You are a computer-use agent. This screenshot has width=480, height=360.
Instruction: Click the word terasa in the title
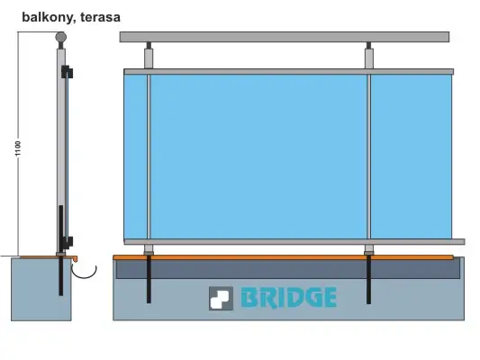100,17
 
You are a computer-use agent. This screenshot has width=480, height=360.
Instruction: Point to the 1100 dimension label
18,148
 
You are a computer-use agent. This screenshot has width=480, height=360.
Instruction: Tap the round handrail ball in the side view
61,37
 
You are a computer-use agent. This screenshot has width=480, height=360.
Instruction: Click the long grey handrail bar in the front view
285,37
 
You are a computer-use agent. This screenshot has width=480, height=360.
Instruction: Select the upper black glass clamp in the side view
67,72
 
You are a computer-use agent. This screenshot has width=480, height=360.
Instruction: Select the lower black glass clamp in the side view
67,242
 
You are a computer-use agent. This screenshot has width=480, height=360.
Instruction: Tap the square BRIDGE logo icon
221,298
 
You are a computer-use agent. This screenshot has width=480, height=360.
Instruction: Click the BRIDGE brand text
289,297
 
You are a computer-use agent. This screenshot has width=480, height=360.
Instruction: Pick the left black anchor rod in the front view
149,279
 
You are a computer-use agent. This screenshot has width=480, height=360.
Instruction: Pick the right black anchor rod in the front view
368,279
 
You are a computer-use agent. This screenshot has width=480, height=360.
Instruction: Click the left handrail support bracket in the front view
149,56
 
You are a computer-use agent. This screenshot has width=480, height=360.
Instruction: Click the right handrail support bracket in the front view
369,56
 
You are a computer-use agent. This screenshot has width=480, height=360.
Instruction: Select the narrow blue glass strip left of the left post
135,157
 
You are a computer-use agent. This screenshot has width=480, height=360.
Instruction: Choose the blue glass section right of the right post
412,157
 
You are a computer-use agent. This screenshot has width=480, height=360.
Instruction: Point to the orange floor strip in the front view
283,257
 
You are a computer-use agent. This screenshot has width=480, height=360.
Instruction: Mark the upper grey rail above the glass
289,72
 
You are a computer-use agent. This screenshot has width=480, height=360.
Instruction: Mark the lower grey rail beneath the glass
294,241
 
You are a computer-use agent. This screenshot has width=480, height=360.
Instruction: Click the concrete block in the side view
41,289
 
